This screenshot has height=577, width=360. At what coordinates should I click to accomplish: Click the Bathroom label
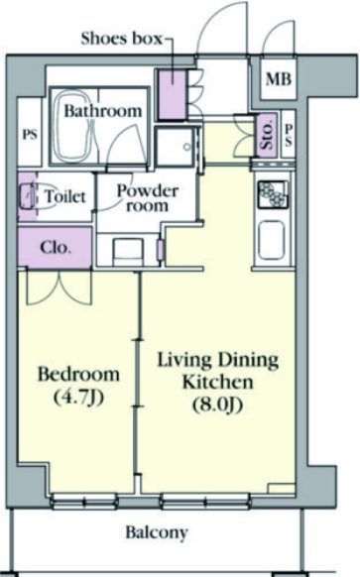103,110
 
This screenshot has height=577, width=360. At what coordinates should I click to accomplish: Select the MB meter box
279,79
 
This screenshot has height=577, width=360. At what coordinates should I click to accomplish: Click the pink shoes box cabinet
173,94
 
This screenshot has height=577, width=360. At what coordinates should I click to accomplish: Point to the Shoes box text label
121,39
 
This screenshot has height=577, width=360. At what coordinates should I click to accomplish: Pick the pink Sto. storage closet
267,135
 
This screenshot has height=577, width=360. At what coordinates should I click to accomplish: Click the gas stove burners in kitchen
273,193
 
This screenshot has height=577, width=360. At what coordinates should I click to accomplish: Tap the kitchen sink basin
272,240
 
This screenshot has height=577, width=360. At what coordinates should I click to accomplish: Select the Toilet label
65,196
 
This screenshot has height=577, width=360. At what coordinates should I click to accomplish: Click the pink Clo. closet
55,248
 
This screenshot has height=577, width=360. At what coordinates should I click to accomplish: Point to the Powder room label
147,198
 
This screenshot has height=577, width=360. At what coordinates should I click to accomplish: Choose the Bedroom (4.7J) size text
78,385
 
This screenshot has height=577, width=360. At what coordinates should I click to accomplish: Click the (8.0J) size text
217,404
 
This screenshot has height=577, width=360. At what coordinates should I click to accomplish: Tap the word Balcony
157,532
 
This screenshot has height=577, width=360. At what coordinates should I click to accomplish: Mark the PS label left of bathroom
30,134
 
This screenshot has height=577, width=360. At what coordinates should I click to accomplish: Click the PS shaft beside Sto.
289,135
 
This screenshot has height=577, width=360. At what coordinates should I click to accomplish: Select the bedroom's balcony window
84,502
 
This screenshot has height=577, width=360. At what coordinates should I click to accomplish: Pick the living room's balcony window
205,502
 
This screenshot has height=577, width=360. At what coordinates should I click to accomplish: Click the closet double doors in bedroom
59,288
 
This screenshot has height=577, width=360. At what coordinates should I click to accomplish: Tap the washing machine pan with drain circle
175,147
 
